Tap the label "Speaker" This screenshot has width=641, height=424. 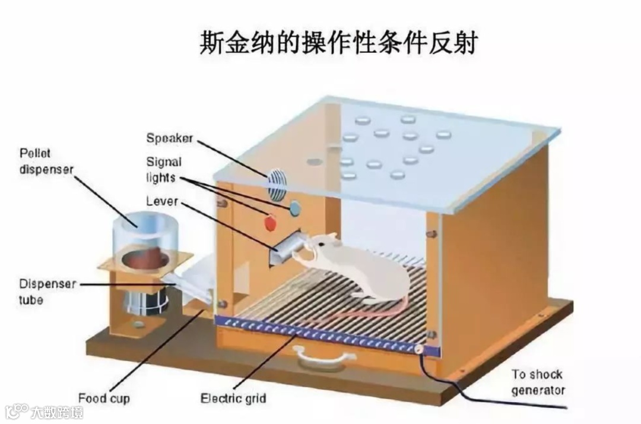[170, 138]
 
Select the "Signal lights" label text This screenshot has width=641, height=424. [164, 169]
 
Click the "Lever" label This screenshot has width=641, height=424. [161, 202]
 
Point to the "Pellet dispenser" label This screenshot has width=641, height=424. [46, 161]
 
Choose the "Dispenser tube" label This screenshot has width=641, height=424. [47, 292]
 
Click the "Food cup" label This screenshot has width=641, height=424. [104, 397]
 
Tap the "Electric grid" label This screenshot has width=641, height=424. [233, 398]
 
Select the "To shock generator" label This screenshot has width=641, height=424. [538, 382]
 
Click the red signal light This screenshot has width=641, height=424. [270, 223]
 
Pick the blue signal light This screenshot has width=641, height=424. [294, 207]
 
